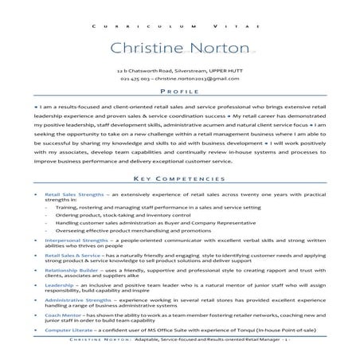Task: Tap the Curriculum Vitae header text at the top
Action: click(x=180, y=26)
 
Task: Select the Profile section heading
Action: click(x=180, y=92)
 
